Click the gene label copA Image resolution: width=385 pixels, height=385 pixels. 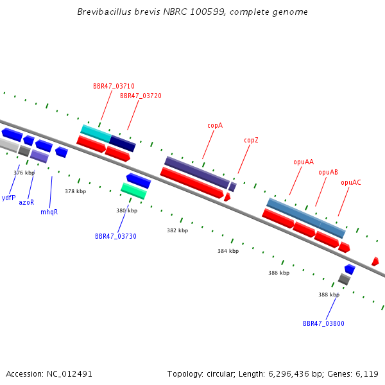pos(215,126)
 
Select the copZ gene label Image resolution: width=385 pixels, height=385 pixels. pos(251,140)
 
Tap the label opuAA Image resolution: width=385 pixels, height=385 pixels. pos(304,162)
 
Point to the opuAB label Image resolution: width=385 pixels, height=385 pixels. pos(328,173)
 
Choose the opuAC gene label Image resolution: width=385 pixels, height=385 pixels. pos(351,183)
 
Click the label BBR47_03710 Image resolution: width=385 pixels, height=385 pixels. pos(114,86)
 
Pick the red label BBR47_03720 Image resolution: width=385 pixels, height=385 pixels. pos(141,96)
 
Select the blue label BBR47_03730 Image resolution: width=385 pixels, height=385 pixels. pos(116,236)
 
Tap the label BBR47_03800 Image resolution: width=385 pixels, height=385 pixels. pos(323,323)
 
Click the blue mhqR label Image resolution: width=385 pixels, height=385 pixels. pos(49,212)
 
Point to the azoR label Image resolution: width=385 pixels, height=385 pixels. pos(26,202)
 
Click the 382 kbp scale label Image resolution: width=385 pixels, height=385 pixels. pos(178,230)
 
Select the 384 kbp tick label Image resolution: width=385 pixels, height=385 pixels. pos(228,251)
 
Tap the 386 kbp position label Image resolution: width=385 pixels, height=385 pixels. pos(278,273)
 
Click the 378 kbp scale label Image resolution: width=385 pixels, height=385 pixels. pos(75,191)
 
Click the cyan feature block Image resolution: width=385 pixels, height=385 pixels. pos(96,134)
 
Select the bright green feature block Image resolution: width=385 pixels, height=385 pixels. pos(134,191)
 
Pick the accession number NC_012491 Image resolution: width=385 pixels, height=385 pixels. pos(69,374)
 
